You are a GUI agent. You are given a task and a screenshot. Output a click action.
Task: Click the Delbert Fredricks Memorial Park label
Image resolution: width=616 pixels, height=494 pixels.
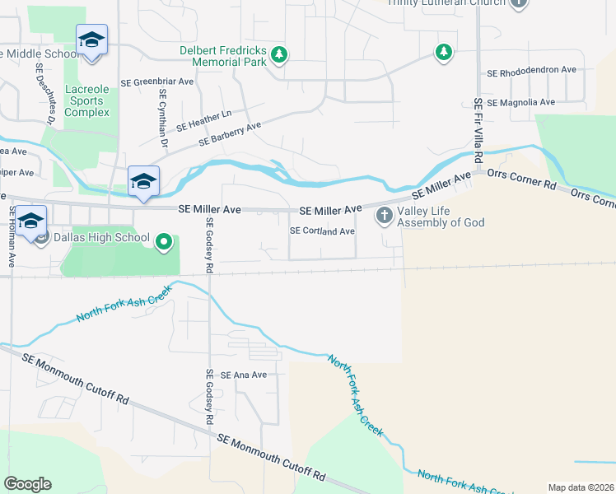click(222, 55)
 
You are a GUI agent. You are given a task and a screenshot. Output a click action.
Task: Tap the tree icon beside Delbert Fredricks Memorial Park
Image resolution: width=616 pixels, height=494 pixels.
click(280, 54)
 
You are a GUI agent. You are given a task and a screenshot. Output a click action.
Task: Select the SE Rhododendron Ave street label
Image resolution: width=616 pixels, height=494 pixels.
click(531, 72)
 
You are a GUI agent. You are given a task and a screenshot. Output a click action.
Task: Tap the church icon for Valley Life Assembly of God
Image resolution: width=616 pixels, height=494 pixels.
click(383, 216)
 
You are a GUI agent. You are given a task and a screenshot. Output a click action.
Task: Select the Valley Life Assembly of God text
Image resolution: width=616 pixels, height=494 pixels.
click(441, 216)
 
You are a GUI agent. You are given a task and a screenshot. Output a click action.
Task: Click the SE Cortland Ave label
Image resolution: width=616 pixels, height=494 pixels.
click(322, 231)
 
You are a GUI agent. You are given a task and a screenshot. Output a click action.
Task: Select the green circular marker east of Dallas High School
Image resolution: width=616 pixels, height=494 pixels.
click(164, 241)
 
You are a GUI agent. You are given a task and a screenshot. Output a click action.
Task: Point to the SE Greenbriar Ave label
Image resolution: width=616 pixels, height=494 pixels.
click(156, 82)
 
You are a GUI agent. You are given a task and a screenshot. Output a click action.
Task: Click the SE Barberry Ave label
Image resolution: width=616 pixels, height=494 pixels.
click(229, 134)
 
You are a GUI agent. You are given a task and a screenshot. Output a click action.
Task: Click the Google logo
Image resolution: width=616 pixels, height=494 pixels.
click(28, 484)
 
